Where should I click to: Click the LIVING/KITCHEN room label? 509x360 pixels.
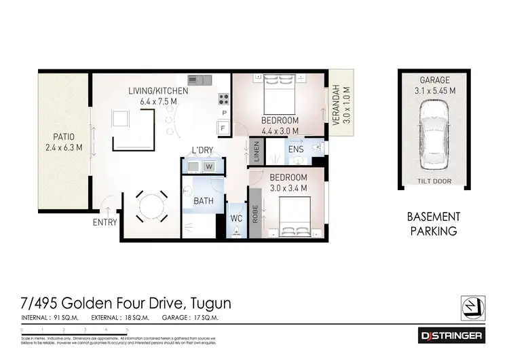coord(159,90)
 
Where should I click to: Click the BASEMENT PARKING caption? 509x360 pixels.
coord(434,223)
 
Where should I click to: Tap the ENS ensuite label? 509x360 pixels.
coord(295,149)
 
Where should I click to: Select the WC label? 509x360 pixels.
coord(237,219)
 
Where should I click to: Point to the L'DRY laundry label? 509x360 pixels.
coord(203,150)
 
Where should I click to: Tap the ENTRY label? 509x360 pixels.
coord(105,222)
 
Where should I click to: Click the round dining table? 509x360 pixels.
coord(147,203)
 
